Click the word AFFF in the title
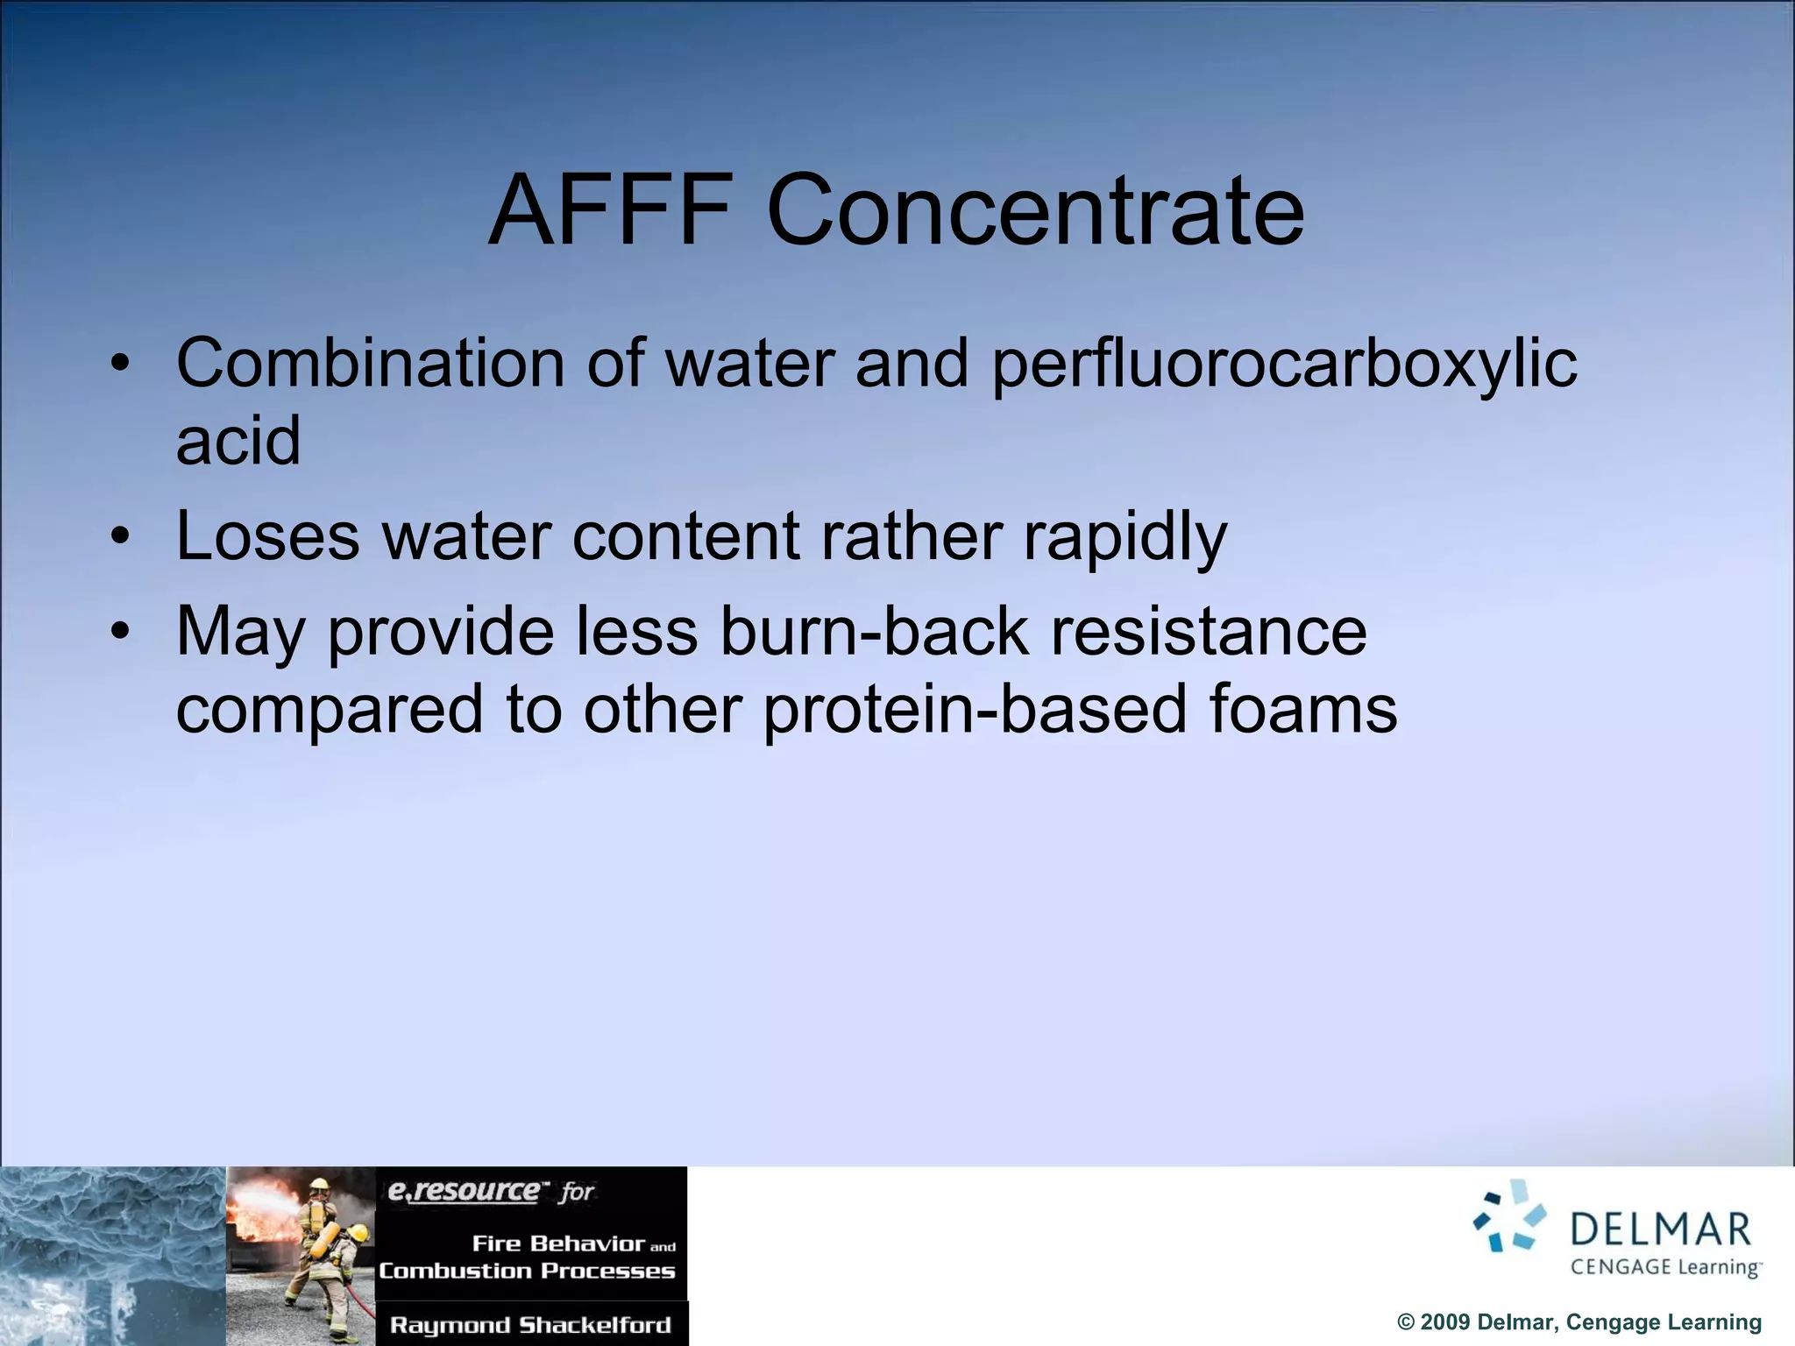coord(611,211)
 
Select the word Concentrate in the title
coord(1036,211)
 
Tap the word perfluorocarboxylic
coord(1284,365)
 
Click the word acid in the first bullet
coord(238,440)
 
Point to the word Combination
coord(371,363)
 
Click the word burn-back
coord(875,631)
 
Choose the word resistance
coord(1209,631)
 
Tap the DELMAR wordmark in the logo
coord(1661,1229)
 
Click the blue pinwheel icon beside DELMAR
coord(1510,1215)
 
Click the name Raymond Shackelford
coord(530,1324)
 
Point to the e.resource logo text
coord(465,1191)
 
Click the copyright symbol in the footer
coord(1406,1322)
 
